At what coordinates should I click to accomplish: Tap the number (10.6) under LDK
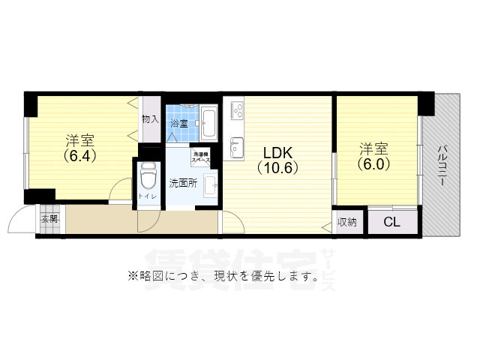(x=277, y=168)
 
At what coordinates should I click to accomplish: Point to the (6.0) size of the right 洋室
(x=373, y=163)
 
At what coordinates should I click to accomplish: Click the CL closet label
(x=391, y=222)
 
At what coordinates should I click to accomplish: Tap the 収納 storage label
(x=346, y=222)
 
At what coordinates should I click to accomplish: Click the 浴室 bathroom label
(x=178, y=123)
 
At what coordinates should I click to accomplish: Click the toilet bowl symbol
(x=146, y=181)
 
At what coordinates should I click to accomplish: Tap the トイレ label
(x=143, y=198)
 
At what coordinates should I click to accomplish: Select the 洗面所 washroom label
(x=182, y=182)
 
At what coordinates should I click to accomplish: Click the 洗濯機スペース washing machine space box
(x=199, y=157)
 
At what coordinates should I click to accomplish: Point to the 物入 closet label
(x=150, y=118)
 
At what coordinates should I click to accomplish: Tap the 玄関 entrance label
(x=49, y=219)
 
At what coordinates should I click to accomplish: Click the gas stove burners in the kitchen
(x=238, y=112)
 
